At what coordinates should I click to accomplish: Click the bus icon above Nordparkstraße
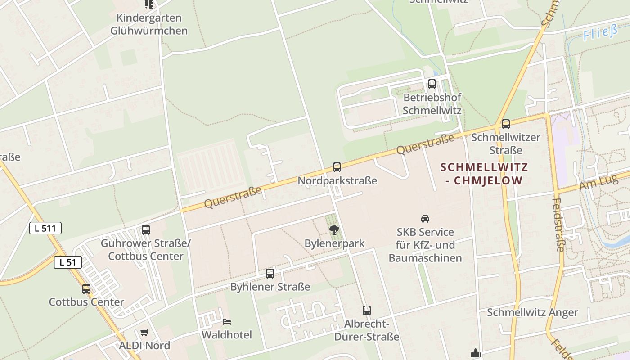point(337,167)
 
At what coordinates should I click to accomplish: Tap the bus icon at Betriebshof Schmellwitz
point(432,84)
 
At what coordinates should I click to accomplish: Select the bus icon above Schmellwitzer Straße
point(506,124)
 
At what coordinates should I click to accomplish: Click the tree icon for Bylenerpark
point(334,230)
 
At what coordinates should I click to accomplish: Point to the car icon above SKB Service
point(425,219)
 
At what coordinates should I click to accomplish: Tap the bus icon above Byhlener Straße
point(270,273)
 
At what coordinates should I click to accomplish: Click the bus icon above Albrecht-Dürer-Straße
point(367,310)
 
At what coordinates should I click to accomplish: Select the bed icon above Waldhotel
point(227,322)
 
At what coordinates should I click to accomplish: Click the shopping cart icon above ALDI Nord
point(144,333)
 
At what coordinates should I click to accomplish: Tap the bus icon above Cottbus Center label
point(86,289)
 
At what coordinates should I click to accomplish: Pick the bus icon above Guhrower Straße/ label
point(146,230)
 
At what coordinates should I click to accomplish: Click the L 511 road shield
point(45,228)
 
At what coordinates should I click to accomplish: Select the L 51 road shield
point(68,262)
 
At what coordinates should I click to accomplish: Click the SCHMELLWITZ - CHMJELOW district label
point(484,174)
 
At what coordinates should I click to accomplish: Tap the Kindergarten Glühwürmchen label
point(149,24)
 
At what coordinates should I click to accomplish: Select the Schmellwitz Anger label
point(532,312)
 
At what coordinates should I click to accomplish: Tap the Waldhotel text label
point(227,335)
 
